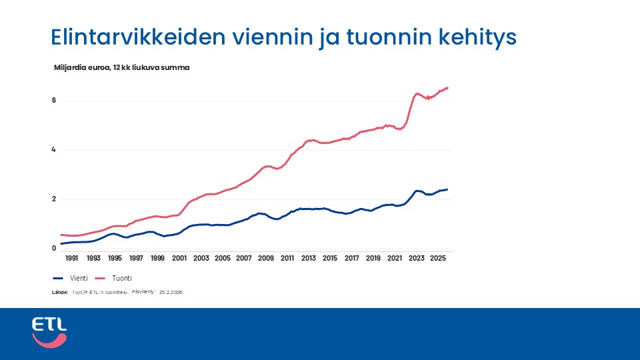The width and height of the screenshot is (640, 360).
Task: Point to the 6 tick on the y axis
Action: (x=54, y=101)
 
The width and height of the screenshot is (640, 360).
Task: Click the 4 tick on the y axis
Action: (x=54, y=150)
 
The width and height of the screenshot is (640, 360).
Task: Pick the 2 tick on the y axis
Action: (x=54, y=199)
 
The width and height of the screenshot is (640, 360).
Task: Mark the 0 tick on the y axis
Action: (x=54, y=249)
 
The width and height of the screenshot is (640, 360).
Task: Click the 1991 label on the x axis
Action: (x=71, y=258)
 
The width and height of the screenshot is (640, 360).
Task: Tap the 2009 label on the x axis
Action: (x=265, y=258)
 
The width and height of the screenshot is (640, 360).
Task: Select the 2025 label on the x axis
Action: (x=438, y=258)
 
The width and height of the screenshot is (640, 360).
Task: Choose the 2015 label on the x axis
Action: (x=330, y=258)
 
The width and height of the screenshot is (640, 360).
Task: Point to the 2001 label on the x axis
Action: (x=179, y=258)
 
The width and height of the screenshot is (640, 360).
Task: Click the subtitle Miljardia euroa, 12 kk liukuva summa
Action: (x=122, y=67)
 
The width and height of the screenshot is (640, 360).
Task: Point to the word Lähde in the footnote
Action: (x=60, y=292)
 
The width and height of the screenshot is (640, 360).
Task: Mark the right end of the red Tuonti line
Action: (x=447, y=87)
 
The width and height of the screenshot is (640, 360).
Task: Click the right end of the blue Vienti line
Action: (x=447, y=189)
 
